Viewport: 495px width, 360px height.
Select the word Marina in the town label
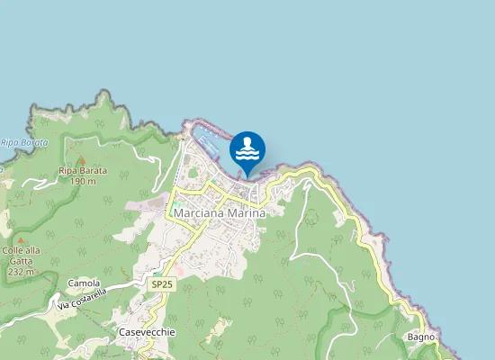(x=247, y=214)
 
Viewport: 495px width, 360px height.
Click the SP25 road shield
(x=160, y=283)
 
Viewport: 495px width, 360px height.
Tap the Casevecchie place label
(x=147, y=332)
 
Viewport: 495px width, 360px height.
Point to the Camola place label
(x=84, y=283)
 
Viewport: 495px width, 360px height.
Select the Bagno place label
(x=420, y=337)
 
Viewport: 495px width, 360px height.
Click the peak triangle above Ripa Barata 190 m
(x=82, y=159)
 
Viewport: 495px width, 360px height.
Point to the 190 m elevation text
(x=82, y=181)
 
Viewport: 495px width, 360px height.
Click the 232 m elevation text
(x=21, y=271)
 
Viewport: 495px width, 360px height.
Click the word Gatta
(x=20, y=261)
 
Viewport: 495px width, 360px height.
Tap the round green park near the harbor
(x=192, y=174)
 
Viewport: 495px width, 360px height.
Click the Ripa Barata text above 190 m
(x=82, y=171)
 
